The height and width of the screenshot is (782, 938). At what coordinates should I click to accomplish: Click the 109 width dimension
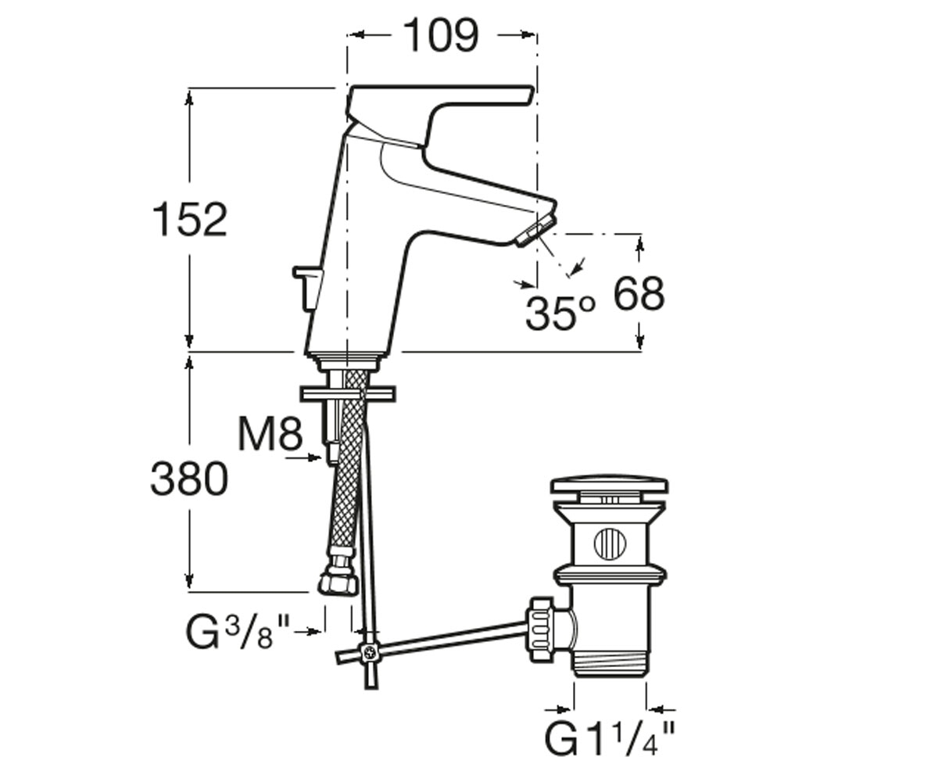point(442,35)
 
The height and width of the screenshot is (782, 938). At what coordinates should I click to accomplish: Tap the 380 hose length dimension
point(189,479)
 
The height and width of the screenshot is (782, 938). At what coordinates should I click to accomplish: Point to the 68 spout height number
point(639,293)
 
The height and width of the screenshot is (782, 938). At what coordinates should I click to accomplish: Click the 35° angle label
point(560,314)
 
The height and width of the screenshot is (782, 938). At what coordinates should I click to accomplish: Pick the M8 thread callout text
point(270,433)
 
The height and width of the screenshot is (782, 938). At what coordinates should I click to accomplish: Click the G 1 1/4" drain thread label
point(610,738)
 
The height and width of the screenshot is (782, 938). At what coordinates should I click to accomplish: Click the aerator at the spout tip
point(536,230)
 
